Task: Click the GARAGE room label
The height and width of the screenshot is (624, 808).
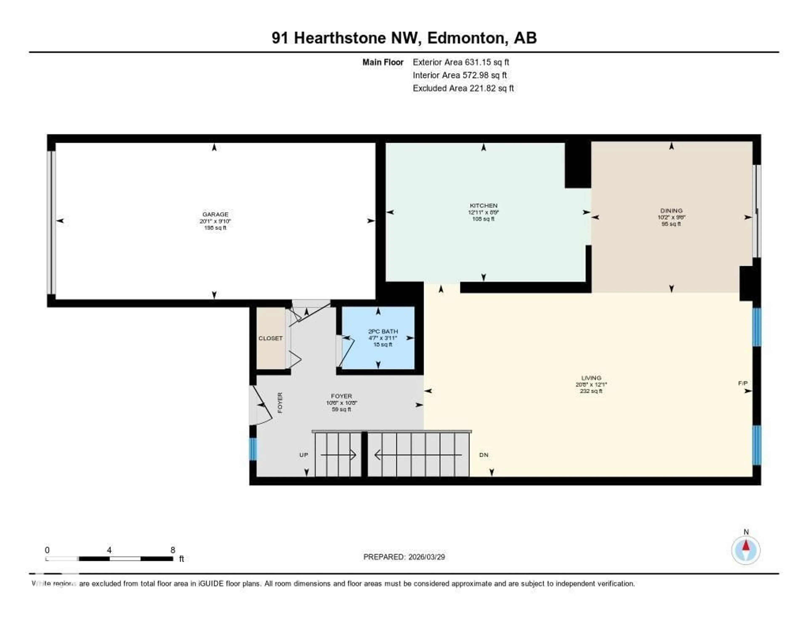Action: click(215, 214)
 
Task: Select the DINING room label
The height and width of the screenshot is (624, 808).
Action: click(671, 210)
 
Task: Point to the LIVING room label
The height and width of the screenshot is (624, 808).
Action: click(591, 378)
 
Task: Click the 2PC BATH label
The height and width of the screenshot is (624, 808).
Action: click(383, 331)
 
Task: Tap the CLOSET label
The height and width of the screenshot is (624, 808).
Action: click(270, 338)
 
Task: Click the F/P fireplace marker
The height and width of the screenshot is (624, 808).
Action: click(743, 383)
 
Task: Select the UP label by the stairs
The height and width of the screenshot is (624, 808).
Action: click(303, 455)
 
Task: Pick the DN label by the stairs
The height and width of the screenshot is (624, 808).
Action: click(484, 455)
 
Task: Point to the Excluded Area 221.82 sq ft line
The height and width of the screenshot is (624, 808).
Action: click(463, 88)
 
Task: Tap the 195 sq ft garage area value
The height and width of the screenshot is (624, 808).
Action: click(215, 227)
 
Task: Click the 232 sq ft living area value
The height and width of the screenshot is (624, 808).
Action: click(591, 391)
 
